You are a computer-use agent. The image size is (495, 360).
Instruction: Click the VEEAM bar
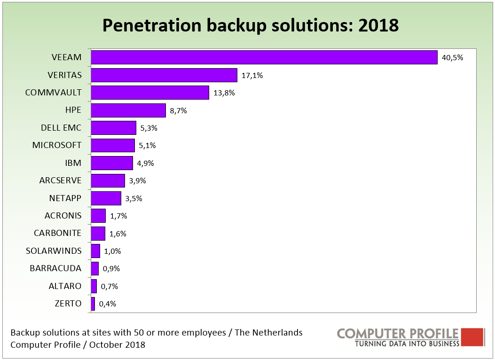tap(264, 57)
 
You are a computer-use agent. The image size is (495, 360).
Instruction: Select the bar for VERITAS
tap(164, 75)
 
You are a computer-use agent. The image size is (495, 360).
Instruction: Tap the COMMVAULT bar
tap(149, 93)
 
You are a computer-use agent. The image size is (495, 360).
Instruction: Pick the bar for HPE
tap(128, 110)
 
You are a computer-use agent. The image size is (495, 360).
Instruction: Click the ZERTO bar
tap(93, 304)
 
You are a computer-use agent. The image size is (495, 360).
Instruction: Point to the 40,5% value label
tap(453, 58)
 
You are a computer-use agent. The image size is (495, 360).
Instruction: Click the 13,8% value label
tap(224, 93)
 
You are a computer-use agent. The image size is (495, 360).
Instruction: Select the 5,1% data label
tap(147, 146)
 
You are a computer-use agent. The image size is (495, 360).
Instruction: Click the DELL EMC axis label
tap(61, 128)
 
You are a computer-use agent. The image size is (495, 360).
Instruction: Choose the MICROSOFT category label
tap(57, 145)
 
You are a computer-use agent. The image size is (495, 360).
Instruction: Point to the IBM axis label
tap(73, 163)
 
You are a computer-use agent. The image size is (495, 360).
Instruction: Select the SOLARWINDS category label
tap(54, 251)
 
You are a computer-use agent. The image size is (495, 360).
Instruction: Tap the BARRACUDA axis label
tap(55, 268)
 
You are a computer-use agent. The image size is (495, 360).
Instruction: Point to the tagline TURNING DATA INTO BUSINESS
tap(407, 344)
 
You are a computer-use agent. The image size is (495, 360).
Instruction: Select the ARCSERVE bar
tap(108, 181)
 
